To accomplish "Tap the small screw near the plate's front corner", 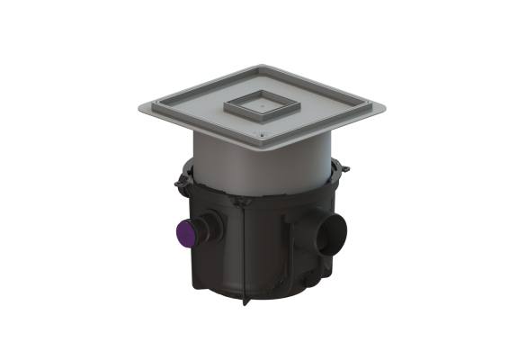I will [263, 136].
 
